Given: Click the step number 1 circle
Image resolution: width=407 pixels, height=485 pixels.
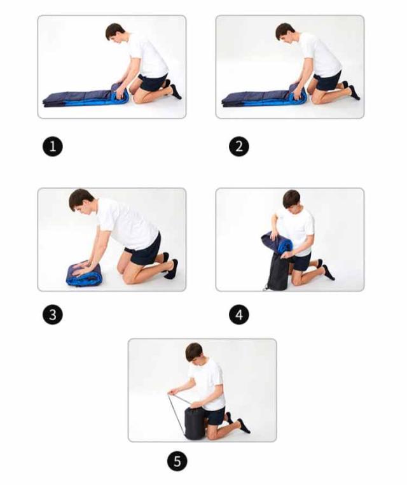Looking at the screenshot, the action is (x=53, y=146).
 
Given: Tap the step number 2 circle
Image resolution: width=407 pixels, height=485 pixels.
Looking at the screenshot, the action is (x=239, y=146).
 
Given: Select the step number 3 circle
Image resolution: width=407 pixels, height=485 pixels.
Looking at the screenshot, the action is (x=53, y=315).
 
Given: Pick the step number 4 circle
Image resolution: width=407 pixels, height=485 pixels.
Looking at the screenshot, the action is (x=239, y=315).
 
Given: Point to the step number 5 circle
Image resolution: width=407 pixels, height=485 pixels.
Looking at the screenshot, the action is (x=177, y=461).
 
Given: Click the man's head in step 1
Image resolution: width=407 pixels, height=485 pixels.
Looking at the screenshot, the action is (x=114, y=32).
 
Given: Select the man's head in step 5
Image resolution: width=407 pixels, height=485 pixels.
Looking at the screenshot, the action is (x=194, y=353).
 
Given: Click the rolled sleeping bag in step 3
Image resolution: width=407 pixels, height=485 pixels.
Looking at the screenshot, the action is (x=84, y=275).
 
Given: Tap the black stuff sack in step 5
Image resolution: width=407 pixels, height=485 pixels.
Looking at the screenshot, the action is (x=193, y=423).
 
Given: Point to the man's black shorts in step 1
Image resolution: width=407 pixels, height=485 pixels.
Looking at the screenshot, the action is (x=153, y=81).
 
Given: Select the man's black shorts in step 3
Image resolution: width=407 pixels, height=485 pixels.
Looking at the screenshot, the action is (x=144, y=250).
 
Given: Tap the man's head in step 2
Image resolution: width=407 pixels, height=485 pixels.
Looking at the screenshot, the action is (x=284, y=32).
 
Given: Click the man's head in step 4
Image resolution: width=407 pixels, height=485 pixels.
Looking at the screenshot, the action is (x=291, y=200).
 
